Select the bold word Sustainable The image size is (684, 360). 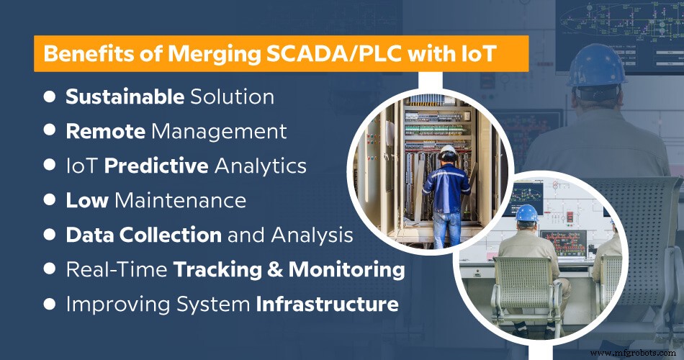125,96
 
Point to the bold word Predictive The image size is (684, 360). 156,166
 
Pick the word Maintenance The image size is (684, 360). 179,200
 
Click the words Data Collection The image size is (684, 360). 143,235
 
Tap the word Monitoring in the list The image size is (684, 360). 346,269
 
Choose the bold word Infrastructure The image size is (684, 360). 328,304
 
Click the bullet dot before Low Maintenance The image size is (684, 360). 50,199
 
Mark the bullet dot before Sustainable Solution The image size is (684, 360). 50,96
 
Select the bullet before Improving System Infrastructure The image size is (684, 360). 50,303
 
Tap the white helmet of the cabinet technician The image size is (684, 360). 449,152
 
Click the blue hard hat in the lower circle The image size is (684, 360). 528,213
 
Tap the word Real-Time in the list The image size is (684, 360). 117,269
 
